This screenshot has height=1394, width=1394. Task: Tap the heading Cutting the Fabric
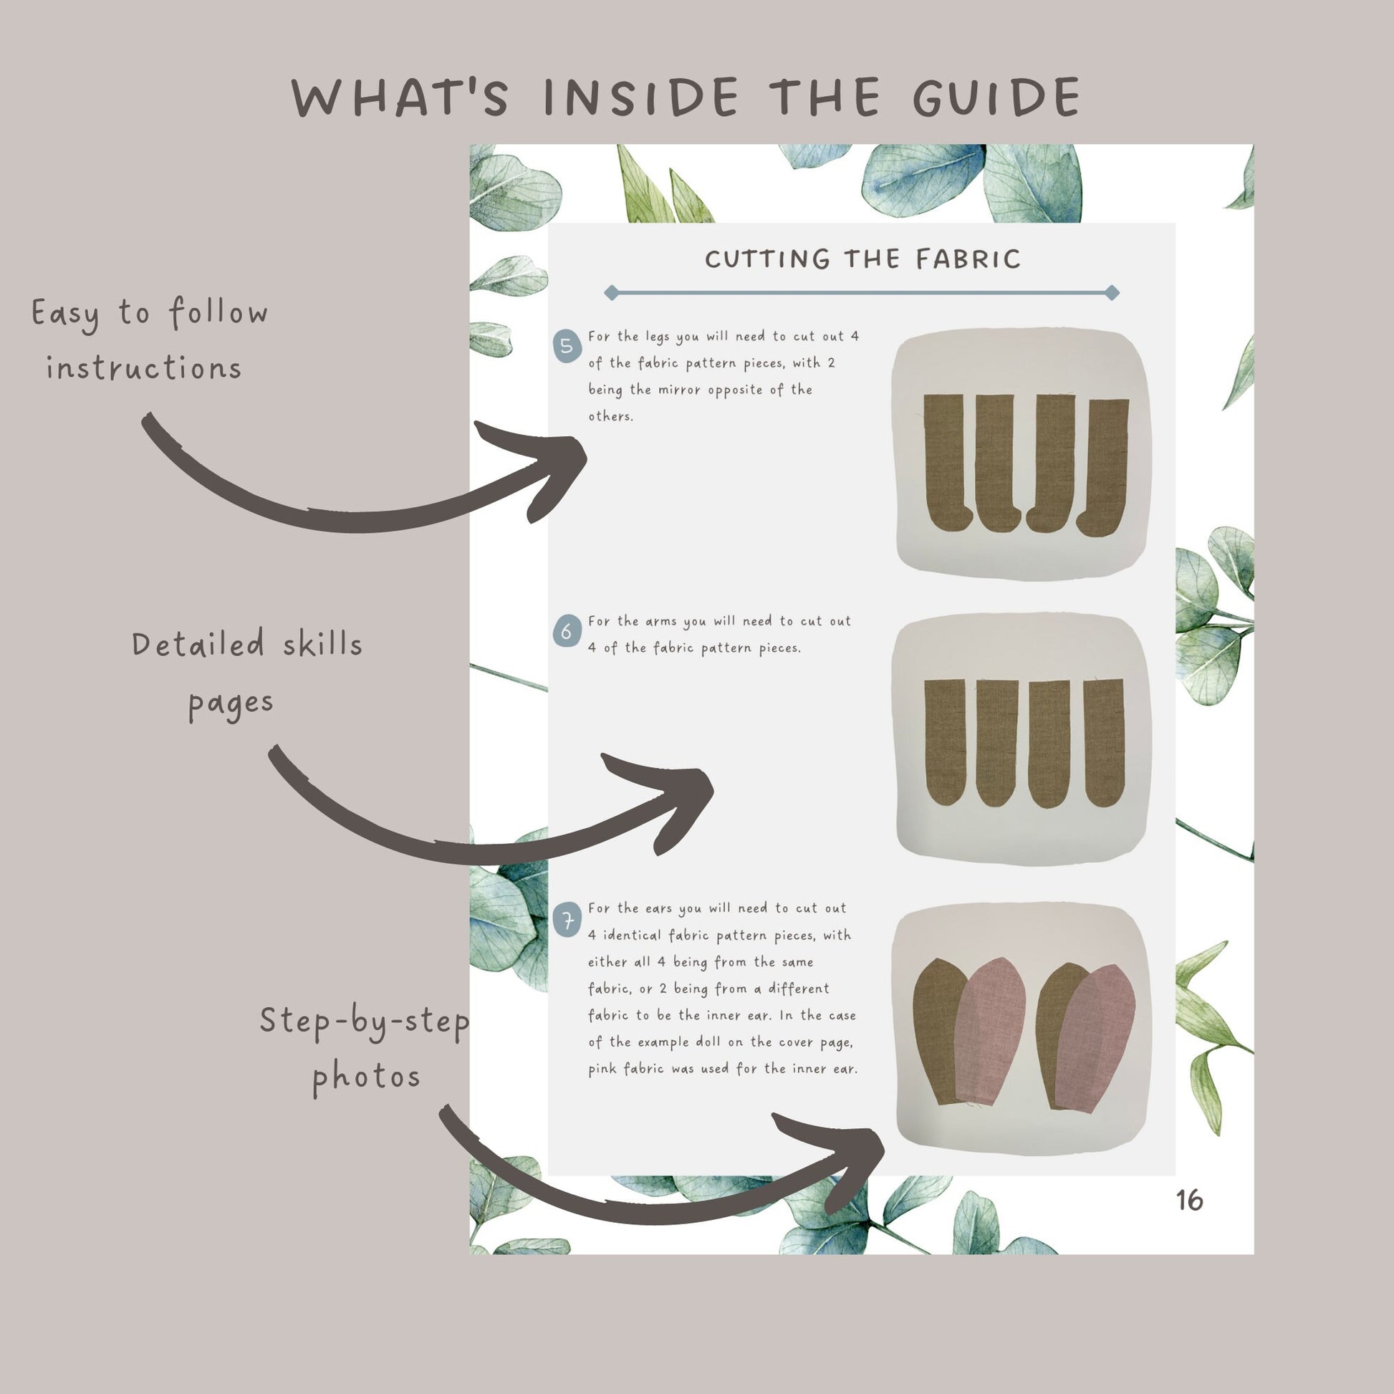[862, 259]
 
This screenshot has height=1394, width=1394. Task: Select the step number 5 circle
[567, 345]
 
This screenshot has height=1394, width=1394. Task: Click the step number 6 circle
[567, 631]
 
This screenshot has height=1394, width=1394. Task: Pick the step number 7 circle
[567, 921]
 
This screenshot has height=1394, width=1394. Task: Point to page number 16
[1189, 1200]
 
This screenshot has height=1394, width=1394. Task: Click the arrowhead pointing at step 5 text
[549, 469]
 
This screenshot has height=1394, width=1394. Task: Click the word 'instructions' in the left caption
[143, 368]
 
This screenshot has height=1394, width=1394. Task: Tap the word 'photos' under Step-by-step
[367, 1079]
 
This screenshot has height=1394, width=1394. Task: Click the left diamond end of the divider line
[612, 292]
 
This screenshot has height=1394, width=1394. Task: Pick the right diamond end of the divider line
[1112, 292]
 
